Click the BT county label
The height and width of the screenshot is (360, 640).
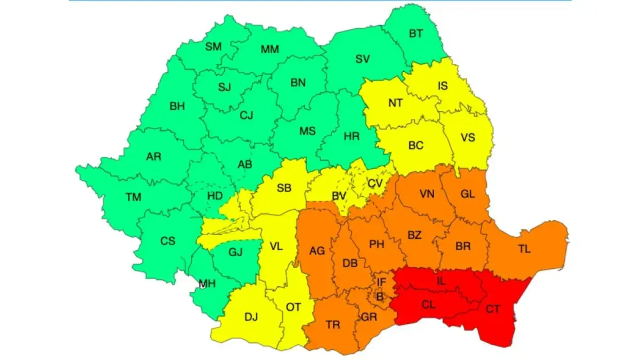[x=416, y=34]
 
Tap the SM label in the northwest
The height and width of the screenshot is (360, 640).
[x=213, y=46]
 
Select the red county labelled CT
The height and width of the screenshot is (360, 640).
[x=493, y=309]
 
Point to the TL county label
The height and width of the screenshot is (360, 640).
[x=524, y=249]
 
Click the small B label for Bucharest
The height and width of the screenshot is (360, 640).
[x=380, y=298]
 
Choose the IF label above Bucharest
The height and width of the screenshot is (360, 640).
[x=381, y=282]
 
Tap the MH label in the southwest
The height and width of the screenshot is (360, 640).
[x=207, y=284]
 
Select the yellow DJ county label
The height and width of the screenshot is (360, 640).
[x=251, y=317]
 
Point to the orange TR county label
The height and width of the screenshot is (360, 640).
[x=333, y=325]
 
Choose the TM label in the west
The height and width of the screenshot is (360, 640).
[x=133, y=197]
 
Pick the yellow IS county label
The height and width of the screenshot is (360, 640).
[x=443, y=86]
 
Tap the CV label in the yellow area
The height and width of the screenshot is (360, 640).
[x=376, y=183]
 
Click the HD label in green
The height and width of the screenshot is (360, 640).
[x=215, y=196]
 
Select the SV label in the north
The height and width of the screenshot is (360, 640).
[x=363, y=59]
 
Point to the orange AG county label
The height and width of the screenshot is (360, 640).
[x=317, y=251]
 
